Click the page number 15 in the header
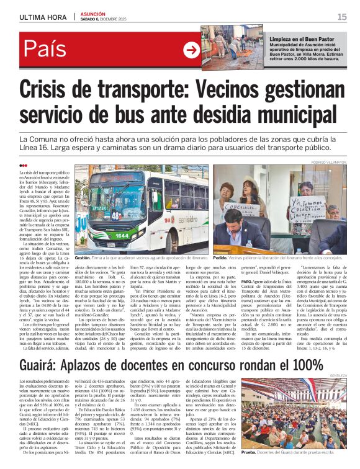point(342,16)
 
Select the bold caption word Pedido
point(220,257)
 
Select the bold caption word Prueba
point(248,452)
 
